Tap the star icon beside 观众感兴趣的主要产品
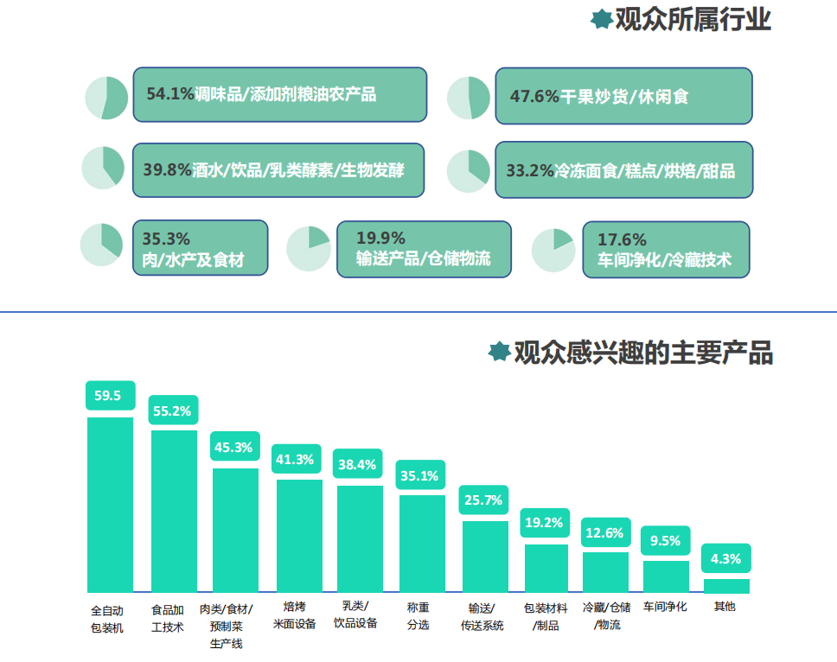(x=498, y=352)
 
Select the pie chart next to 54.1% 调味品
(x=106, y=98)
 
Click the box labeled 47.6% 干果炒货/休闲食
(x=623, y=96)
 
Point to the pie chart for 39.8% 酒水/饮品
(x=103, y=167)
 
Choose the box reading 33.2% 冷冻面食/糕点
(x=623, y=170)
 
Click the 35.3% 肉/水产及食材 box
(x=200, y=248)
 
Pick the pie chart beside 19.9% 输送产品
(x=308, y=248)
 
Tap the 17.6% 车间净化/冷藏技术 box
(x=665, y=250)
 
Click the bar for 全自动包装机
(x=110, y=504)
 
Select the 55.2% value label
(x=172, y=411)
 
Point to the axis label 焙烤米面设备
(x=295, y=614)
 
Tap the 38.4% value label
(x=357, y=465)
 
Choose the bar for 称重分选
(x=422, y=543)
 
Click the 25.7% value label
(x=483, y=500)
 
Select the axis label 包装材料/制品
(x=546, y=616)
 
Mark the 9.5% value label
(x=665, y=541)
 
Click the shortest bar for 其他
(x=725, y=586)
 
